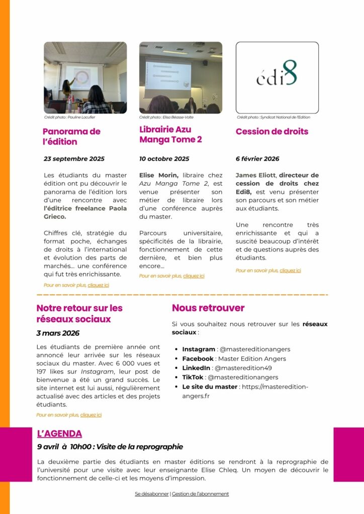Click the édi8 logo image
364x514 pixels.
click(277, 77)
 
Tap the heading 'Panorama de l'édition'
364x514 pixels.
click(71, 137)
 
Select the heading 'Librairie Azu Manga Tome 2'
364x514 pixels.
click(170, 135)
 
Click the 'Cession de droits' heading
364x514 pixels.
click(272, 132)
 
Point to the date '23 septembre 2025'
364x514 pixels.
click(74, 159)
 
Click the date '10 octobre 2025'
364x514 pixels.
click(164, 159)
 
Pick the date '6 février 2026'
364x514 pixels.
click(257, 159)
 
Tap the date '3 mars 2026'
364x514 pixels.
click(57, 333)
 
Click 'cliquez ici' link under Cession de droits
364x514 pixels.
click(290, 271)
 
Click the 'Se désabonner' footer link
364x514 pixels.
click(152, 494)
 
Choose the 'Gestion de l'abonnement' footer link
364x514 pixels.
click(200, 494)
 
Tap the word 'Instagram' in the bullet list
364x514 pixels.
click(199, 349)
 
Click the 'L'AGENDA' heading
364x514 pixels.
click(59, 434)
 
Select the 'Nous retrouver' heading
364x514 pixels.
click(208, 308)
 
